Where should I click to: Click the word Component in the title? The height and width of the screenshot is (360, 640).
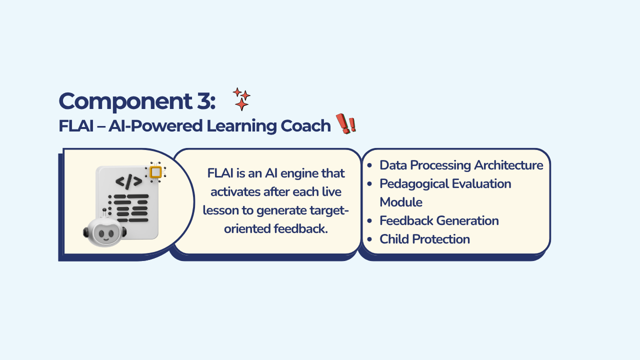125,101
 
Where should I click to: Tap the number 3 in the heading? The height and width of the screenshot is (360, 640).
203,101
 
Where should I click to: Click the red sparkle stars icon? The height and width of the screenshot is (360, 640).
241,99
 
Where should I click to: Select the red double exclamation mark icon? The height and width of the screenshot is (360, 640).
346,123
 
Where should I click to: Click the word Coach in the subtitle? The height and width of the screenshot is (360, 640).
305,125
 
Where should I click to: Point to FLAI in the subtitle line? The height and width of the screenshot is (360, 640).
76,125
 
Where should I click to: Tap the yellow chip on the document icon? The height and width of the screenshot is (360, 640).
155,172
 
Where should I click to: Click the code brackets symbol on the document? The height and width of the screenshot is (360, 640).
129,181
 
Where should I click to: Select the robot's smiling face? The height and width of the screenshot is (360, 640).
105,233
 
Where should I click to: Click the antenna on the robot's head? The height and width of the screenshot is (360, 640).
104,213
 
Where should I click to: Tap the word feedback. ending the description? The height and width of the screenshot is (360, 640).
300,228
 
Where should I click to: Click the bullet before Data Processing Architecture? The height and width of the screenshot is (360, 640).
369,165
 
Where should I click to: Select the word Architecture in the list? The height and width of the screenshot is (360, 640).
508,165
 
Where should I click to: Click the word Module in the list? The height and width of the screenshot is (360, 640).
401,202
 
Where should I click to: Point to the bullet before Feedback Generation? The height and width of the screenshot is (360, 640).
369,221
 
